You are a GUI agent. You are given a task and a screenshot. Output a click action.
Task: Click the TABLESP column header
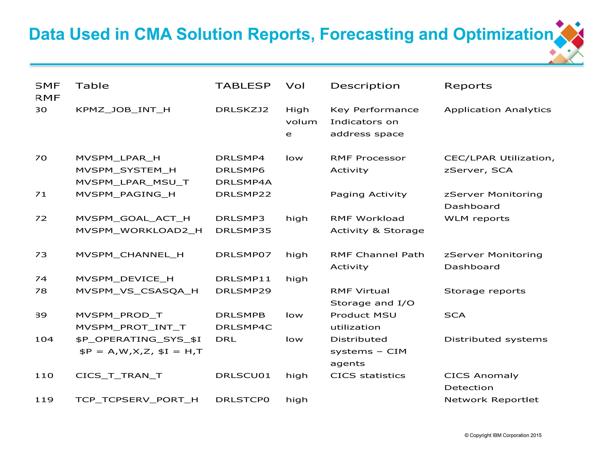[243, 86]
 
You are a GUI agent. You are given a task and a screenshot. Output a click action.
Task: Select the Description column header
[365, 86]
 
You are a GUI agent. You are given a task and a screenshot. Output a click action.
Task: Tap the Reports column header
[468, 86]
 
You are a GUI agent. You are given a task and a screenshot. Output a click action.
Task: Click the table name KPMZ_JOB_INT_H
[123, 110]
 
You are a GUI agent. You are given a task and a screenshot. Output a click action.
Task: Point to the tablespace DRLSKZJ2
[242, 110]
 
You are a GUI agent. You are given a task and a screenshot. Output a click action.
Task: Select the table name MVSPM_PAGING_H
[125, 195]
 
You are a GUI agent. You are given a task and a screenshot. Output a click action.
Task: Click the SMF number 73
[41, 255]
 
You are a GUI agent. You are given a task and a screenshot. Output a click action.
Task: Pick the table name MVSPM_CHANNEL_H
[129, 255]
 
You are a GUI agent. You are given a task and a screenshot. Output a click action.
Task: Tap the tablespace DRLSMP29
[243, 291]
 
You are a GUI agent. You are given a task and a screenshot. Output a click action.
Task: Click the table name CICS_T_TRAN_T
[119, 376]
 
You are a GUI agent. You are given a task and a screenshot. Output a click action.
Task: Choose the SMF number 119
[44, 400]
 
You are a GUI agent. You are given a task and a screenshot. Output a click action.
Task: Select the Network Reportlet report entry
[491, 400]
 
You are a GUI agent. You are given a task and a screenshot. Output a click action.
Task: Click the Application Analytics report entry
[497, 110]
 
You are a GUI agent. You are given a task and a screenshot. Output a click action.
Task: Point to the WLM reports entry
[477, 219]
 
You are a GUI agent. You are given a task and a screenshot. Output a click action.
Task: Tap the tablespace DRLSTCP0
[242, 400]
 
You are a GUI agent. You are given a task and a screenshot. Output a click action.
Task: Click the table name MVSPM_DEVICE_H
[125, 279]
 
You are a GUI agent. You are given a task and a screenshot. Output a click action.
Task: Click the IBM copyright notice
[503, 435]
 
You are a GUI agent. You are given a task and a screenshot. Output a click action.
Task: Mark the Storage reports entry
[485, 291]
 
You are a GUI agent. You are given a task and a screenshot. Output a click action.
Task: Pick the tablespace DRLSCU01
[243, 376]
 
